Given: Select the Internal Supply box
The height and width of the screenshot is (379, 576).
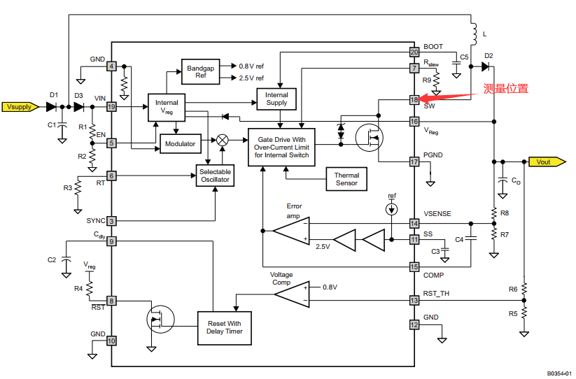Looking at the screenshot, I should (276, 99).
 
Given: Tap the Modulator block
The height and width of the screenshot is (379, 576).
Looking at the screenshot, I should (180, 143).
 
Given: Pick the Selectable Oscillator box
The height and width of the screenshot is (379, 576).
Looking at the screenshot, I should (214, 176).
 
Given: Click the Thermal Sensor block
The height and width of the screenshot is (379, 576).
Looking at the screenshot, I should (346, 179).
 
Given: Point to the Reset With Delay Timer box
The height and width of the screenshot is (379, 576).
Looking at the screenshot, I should (224, 327).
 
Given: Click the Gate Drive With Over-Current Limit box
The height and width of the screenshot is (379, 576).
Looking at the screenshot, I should (281, 146).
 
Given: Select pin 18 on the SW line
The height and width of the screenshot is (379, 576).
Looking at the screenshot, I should (414, 100).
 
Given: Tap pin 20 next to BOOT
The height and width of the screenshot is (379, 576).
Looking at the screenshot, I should (414, 52).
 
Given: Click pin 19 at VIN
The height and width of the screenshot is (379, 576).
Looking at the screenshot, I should (111, 107).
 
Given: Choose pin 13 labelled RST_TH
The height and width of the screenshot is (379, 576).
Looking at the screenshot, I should (414, 300).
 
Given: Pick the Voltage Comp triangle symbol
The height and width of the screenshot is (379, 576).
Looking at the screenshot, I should (291, 294).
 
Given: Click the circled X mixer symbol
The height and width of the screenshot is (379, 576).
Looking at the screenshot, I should (223, 139).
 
